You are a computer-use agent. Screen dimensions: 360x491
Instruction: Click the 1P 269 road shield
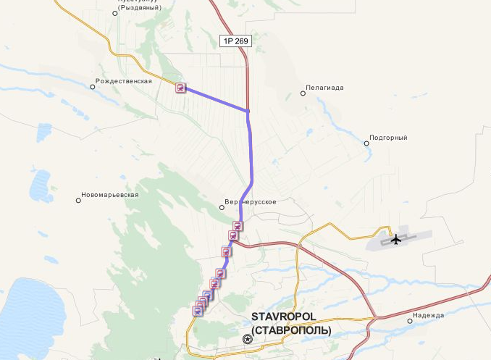[x=235, y=41]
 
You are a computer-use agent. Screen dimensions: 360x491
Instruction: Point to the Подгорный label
[x=388, y=138]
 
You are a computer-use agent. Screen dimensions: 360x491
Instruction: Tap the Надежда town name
[x=428, y=316]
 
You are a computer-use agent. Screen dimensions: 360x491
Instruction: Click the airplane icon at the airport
[x=395, y=239]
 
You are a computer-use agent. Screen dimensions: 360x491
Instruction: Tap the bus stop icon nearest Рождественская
[x=180, y=88]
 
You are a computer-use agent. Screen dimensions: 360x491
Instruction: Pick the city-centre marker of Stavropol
[x=248, y=339]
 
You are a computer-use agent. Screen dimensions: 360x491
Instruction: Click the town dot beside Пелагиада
[x=303, y=93]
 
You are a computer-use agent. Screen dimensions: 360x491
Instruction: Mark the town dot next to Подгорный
[x=366, y=143]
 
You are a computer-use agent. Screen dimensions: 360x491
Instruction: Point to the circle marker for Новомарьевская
[x=78, y=201]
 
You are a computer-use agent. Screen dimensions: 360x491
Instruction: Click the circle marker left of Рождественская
[x=93, y=87]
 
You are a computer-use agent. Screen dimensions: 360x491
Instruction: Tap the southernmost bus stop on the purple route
[x=197, y=311]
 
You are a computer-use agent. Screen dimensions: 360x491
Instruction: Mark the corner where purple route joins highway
[x=248, y=111]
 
